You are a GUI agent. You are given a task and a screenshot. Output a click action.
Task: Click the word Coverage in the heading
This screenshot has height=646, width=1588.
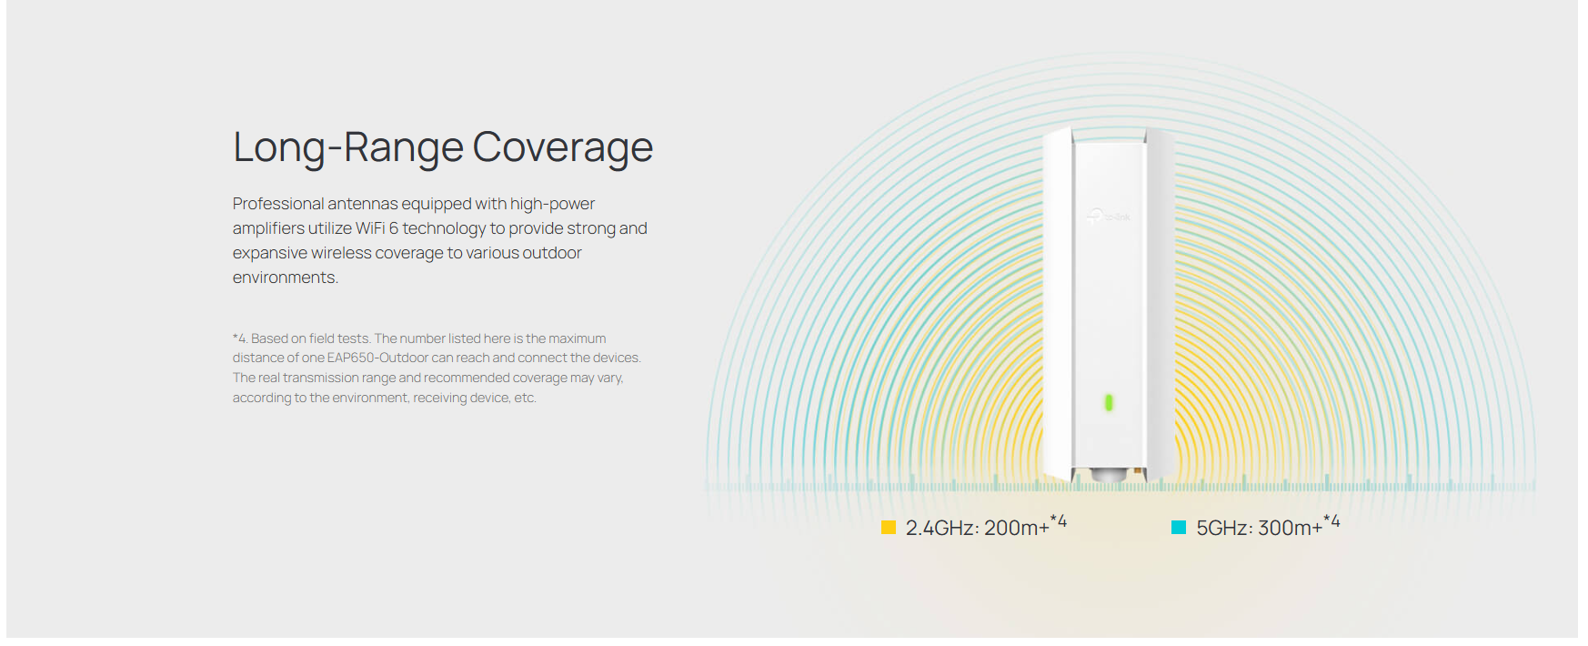[x=562, y=147]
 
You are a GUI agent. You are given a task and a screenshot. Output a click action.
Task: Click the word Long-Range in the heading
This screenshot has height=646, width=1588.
[x=348, y=147]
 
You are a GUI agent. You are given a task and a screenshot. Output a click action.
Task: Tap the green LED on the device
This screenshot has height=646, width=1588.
[x=1109, y=402]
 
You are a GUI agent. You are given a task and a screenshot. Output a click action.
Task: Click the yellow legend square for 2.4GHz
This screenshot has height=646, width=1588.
[x=889, y=528]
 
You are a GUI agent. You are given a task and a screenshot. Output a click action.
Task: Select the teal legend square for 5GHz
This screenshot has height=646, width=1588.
[x=1179, y=528]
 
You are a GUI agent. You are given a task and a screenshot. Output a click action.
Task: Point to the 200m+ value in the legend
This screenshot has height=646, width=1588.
[x=1017, y=529]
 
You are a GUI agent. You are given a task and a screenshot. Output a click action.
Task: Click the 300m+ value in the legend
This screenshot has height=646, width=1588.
[x=1290, y=529]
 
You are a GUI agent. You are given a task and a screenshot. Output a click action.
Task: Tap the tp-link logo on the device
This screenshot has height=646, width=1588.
[x=1109, y=217]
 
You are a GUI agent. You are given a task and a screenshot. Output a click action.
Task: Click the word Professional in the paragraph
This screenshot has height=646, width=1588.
[x=278, y=204]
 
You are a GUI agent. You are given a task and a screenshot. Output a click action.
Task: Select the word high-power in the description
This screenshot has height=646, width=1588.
[x=552, y=204]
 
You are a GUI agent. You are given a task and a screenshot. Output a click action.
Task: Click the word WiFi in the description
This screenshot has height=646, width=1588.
[x=369, y=228]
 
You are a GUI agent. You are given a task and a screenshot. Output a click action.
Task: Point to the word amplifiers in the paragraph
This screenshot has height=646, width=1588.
[x=268, y=228]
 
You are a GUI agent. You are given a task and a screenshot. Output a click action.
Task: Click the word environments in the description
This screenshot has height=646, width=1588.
[x=285, y=278]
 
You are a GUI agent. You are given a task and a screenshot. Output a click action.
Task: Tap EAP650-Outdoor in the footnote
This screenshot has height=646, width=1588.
[x=377, y=358]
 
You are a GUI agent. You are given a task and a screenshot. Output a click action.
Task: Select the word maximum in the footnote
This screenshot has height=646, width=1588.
[x=577, y=338]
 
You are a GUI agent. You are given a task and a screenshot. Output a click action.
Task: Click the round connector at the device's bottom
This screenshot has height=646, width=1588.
[x=1107, y=475]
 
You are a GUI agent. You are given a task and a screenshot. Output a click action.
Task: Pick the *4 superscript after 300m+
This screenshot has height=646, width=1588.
[x=1332, y=521]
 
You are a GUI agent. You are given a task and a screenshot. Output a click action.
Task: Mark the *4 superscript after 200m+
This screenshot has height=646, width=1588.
[x=1059, y=521]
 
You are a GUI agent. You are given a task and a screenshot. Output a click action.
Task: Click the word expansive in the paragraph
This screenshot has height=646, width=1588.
[x=269, y=253]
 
